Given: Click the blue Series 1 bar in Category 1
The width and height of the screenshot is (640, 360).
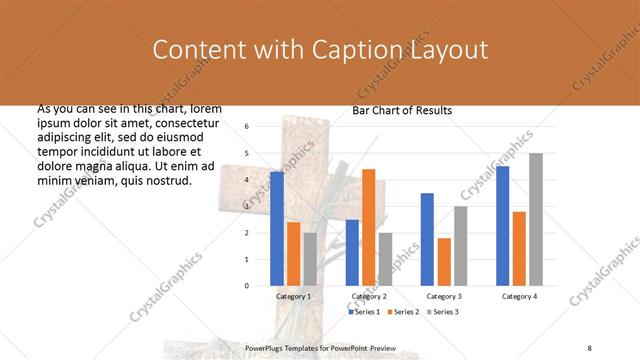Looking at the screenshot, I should coord(277,229).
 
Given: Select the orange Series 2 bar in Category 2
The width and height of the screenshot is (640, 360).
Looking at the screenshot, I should coord(368,227).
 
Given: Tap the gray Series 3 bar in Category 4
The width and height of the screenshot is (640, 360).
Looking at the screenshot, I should coord(536,219).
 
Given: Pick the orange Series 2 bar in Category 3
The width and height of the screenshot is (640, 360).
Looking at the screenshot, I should coord(444,262).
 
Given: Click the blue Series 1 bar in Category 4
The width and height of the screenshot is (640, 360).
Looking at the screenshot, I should coord(502,226).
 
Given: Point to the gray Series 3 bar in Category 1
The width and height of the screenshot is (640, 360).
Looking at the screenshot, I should coord(310,259).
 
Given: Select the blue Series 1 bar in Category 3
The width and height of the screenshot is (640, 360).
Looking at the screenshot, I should coord(427,239).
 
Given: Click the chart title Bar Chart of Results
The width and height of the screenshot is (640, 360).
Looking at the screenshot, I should coord(402,110).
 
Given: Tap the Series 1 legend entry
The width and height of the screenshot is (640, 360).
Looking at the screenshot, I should coord(365,312).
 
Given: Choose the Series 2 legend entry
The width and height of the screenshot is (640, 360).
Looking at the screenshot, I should coord(403,312).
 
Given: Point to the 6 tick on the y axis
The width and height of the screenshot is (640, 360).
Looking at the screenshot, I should coord(247,127).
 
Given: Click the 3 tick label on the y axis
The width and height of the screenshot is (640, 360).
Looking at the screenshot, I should coord(247,206).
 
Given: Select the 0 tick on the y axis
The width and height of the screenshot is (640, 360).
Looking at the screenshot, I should coord(247,286).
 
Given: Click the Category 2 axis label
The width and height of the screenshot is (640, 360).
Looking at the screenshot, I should coord(368,297).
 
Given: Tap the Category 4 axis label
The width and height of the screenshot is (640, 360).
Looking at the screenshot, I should coord(519,297).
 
